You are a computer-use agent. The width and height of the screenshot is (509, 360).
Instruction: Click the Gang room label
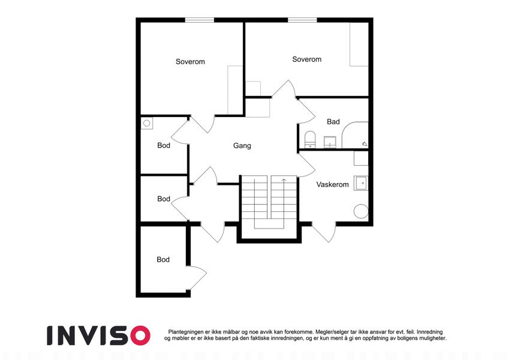click(242, 146)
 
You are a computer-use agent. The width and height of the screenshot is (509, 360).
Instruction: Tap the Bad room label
click(333, 122)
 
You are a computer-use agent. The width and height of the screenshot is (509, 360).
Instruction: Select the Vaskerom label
click(332, 185)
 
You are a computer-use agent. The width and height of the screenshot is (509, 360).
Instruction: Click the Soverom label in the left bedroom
click(190, 62)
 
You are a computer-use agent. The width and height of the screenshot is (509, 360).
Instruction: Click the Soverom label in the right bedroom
click(307, 59)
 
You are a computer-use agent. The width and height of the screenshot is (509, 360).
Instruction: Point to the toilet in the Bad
click(310, 139)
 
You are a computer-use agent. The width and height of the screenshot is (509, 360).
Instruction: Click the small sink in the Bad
click(330, 142)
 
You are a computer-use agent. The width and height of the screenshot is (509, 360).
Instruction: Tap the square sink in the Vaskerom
click(361, 183)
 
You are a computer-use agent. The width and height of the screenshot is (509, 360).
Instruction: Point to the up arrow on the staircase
click(284, 181)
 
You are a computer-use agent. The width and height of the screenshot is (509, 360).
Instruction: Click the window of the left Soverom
click(200, 20)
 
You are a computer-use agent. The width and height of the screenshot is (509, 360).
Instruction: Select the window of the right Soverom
click(302, 20)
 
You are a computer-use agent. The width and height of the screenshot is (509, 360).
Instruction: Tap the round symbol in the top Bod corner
click(146, 123)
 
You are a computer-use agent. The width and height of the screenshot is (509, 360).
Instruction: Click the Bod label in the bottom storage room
click(163, 260)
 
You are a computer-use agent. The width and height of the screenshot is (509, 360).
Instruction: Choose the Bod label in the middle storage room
click(164, 199)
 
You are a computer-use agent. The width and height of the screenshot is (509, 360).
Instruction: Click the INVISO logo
click(99, 335)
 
